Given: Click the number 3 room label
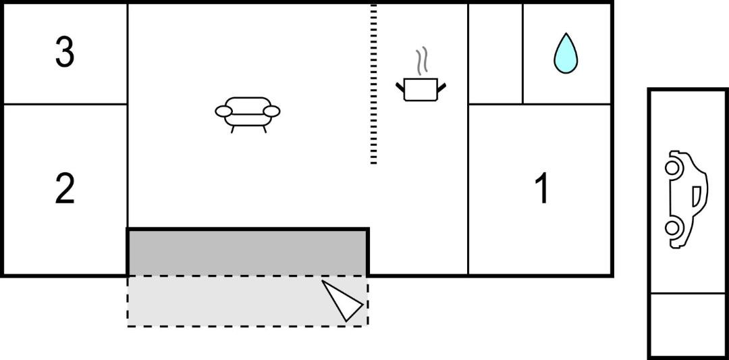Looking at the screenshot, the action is pos(65,53).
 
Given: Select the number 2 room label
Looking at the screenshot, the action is pos(65,189).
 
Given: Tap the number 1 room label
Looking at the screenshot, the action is pos(542,189).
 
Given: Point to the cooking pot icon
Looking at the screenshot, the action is pos(421,89).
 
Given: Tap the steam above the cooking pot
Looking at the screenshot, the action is pos(422,61).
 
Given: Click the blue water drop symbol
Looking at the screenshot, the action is pos(566,54).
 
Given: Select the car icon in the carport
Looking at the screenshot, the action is pos(686,199).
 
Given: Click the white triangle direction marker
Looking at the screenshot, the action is pos(342,300).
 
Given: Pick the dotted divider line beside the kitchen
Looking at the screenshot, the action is pos(373,84).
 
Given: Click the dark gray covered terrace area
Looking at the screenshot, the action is pos(248,253).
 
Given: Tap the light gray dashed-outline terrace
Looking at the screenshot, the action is pos(248,301).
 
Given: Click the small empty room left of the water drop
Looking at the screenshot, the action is pos(495,54).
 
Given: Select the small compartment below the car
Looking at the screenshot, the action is pos(688,325).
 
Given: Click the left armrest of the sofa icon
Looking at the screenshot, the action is pos(223,111).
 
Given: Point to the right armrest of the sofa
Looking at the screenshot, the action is pos(271,111).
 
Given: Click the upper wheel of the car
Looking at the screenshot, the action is pos(672,168).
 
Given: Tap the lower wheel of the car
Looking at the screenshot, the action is pos(672,228).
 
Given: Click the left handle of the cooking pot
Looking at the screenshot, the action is pos(400,87).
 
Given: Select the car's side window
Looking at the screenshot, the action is pos(696,197).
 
